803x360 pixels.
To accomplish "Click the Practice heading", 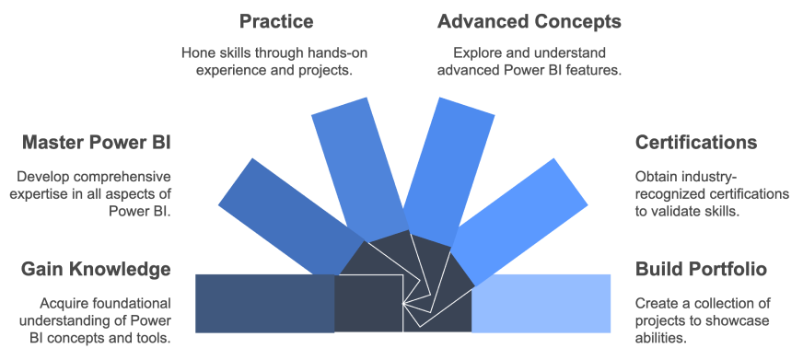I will pos(276,20).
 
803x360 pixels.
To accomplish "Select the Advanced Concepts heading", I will pos(530,20).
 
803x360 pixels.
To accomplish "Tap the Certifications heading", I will pos(696,143).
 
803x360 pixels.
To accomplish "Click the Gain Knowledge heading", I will pos(96,269).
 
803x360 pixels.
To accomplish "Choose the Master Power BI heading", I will pos(97,143).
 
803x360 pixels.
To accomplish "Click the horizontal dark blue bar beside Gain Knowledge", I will pos(263,303).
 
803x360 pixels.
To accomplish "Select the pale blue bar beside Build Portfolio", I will pos(541,303).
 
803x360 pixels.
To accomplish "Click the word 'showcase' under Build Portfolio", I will pos(743,320).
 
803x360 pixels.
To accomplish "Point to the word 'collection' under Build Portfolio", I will pos(725,303).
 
